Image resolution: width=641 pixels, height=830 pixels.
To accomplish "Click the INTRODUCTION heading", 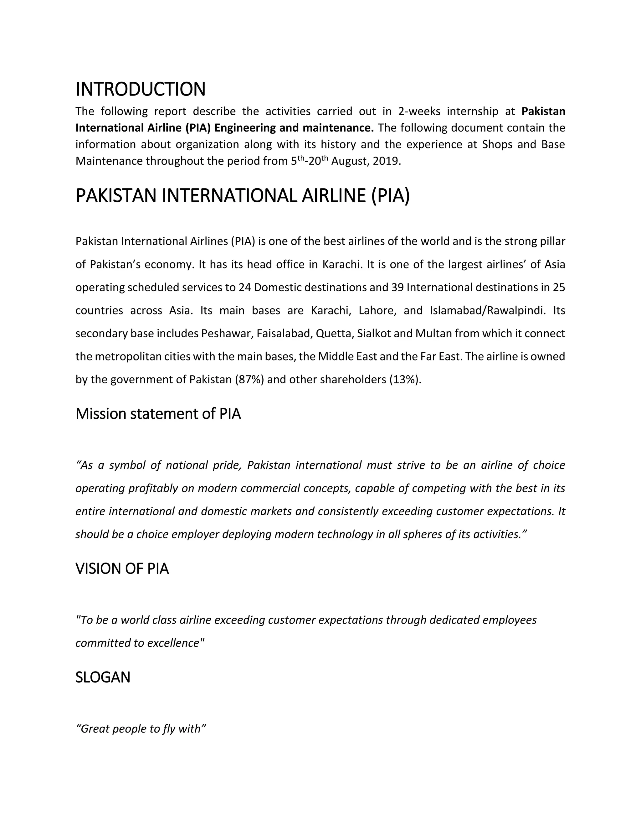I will [x=141, y=89].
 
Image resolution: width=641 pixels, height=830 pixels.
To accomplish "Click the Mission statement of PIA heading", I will [x=158, y=414].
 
